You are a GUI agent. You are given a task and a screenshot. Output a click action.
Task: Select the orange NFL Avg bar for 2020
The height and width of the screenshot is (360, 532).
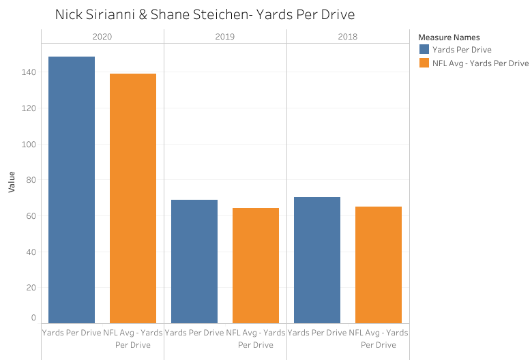click(133, 198)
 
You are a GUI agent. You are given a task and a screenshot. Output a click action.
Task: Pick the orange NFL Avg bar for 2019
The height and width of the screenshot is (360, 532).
click(256, 265)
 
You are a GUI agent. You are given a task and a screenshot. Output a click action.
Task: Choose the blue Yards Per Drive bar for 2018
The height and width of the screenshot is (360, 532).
click(317, 260)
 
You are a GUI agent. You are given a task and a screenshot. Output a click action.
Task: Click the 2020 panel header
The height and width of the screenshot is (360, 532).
click(102, 37)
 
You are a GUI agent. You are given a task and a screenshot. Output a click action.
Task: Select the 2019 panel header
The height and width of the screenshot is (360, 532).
click(225, 37)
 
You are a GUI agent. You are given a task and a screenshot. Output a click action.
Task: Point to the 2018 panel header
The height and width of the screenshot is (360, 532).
click(348, 37)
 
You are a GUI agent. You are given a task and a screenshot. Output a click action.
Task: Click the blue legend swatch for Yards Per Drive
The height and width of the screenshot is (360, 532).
click(424, 50)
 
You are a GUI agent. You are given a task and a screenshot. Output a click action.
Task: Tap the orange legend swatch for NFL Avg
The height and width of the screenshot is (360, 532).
click(424, 63)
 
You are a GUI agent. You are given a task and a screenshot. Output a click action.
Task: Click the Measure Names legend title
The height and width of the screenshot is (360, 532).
click(449, 37)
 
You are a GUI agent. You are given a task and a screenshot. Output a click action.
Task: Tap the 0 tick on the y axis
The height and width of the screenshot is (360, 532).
click(32, 318)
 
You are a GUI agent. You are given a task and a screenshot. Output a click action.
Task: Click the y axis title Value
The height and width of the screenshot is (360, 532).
click(12, 182)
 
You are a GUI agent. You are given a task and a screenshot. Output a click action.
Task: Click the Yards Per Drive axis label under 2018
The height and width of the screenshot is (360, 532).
click(317, 333)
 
